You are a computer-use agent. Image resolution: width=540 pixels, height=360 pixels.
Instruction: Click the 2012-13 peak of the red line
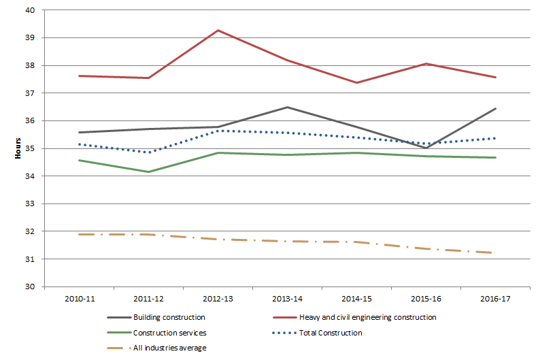218,30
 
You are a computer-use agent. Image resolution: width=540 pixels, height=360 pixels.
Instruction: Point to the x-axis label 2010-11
79,299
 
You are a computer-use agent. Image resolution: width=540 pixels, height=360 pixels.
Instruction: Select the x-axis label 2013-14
287,299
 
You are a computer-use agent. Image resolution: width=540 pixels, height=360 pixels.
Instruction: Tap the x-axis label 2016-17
495,299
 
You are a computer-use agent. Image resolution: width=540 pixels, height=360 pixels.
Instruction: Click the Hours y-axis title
18,149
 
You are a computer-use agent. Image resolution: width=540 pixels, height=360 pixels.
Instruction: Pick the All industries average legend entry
170,348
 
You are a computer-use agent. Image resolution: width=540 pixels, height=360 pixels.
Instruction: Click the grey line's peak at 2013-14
287,107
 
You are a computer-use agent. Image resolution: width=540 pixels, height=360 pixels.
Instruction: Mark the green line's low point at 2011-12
148,171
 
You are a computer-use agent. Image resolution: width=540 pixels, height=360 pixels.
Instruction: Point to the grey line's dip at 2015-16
426,148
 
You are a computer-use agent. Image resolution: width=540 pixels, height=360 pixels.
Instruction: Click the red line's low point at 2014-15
356,83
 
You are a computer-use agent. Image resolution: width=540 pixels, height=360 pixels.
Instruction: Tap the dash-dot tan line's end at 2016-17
495,252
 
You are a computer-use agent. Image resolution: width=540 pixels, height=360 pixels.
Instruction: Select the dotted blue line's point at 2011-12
148,152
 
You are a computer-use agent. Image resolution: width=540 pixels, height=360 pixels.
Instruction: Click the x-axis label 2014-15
356,299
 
